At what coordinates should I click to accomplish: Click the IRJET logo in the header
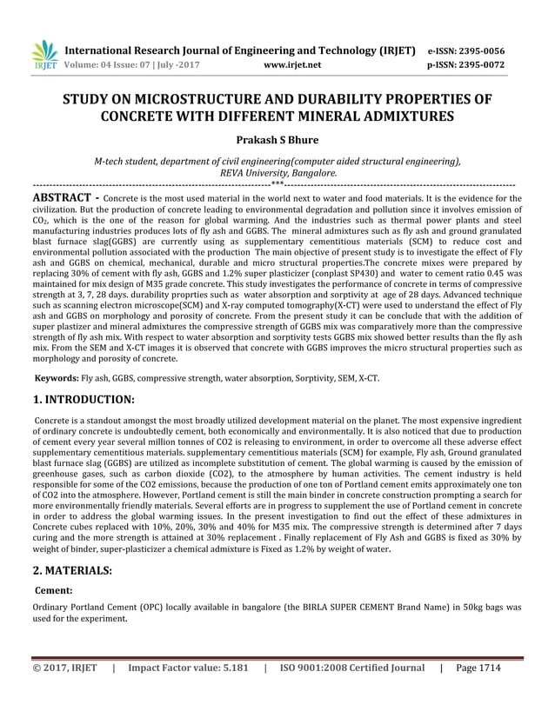44,56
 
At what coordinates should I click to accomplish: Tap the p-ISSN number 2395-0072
489,64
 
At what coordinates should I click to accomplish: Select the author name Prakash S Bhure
277,138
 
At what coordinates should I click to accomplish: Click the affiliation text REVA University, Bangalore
277,173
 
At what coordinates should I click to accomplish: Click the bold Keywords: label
57,378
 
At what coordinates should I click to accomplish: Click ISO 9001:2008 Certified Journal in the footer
353,692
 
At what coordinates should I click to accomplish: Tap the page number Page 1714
478,692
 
